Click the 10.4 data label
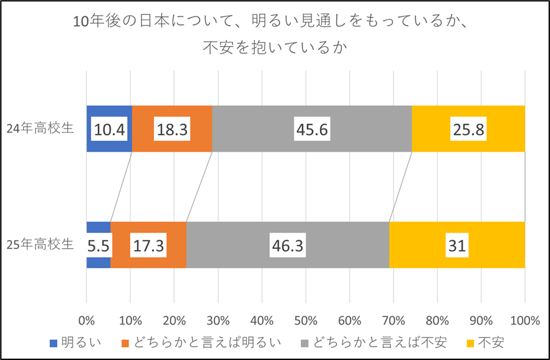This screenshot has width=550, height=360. tap(109, 129)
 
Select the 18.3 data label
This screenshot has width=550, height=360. tap(172, 129)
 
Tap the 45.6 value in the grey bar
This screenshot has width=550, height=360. tap(312, 129)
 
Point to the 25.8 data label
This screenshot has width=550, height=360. tap(468, 129)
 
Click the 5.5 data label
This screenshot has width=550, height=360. tap(99, 245)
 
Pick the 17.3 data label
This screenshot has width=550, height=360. tap(148, 245)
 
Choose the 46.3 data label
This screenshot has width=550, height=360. tap(287, 245)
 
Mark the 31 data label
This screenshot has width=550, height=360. tap(457, 245)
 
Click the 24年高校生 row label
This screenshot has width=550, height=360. tap(40, 129)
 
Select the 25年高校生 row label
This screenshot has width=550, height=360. tap(40, 244)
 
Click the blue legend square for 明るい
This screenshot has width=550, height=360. tap(54, 343)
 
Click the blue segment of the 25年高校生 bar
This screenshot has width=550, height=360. tap(99, 227)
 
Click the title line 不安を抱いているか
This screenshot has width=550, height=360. tap(274, 47)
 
